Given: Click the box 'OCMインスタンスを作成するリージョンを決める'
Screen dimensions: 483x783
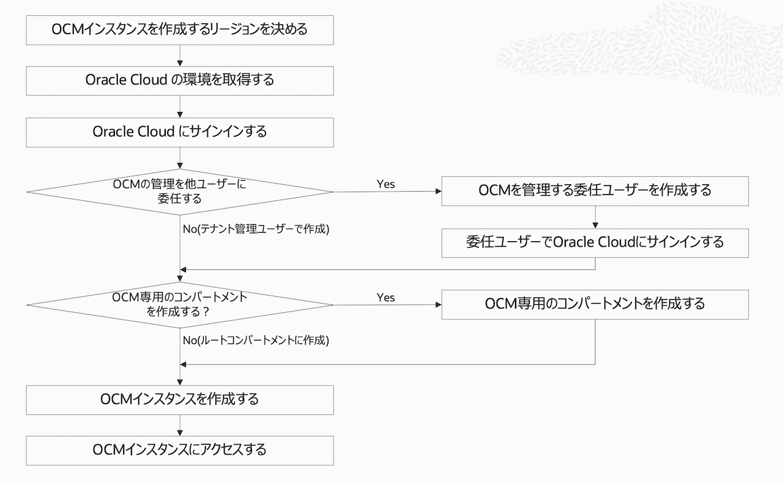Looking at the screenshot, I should (x=180, y=30).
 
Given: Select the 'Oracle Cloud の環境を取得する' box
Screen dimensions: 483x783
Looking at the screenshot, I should (x=180, y=80).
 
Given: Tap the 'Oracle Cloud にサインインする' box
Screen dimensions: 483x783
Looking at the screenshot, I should (x=180, y=132).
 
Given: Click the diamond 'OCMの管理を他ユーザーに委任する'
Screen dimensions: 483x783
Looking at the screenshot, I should (x=180, y=192).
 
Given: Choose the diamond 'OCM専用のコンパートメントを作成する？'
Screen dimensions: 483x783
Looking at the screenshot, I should (x=180, y=304).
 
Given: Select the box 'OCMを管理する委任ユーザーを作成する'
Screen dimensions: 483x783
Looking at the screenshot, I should (x=595, y=190).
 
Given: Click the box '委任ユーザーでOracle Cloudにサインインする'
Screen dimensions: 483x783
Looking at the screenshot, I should (x=595, y=242).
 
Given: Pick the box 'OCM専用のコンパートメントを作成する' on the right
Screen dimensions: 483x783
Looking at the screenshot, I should (x=595, y=304).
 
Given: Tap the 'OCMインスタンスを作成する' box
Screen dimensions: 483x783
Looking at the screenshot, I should (x=180, y=400).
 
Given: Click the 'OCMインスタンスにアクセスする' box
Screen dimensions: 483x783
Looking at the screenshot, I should (x=180, y=450).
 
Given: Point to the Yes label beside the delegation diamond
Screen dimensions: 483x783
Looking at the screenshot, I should (x=385, y=184).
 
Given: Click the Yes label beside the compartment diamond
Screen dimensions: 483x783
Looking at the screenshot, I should (x=385, y=298).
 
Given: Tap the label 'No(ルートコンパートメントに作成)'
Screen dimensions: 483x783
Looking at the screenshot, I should (x=256, y=341).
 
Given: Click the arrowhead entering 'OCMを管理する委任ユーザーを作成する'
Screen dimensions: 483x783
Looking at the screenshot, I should (x=437, y=191).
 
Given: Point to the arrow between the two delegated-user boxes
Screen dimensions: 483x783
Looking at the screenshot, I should (x=595, y=217).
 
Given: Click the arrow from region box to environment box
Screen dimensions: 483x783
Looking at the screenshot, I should (x=180, y=56).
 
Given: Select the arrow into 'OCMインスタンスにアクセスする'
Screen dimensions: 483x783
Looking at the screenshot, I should (x=180, y=426).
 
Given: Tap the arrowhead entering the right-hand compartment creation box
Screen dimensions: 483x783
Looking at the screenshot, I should (x=437, y=304).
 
